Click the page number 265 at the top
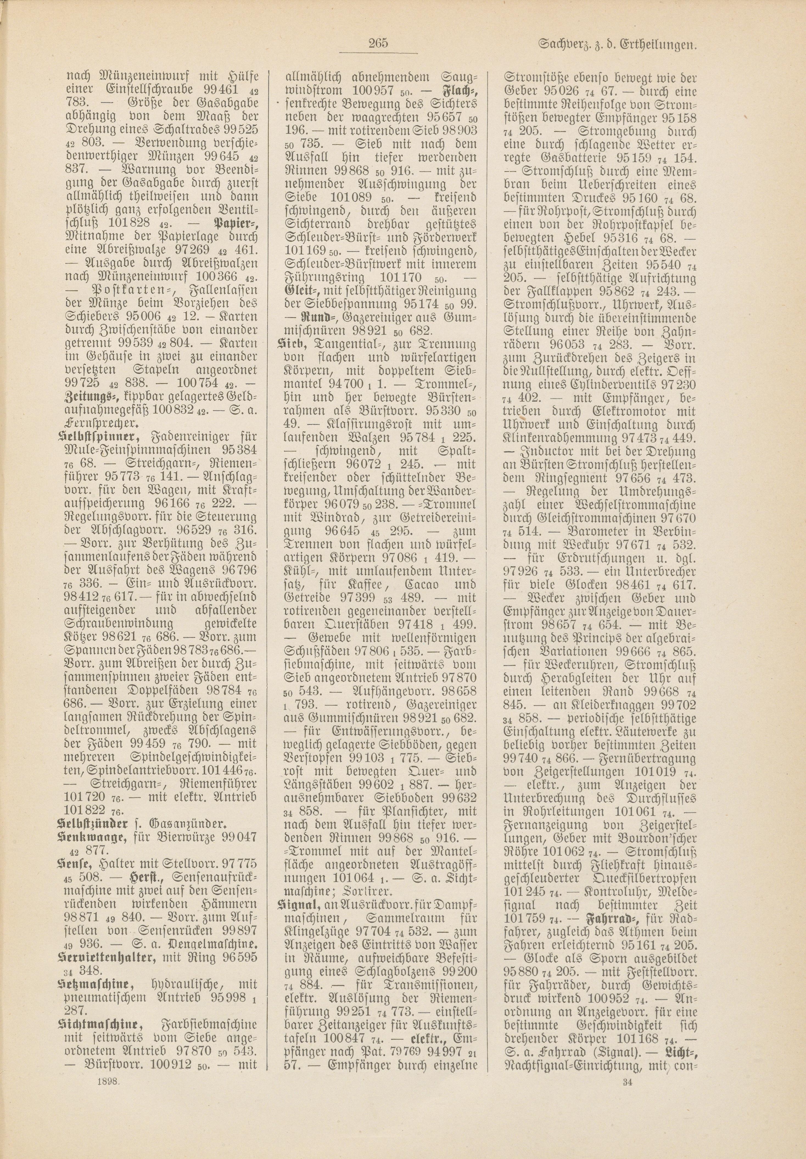[377, 43]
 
